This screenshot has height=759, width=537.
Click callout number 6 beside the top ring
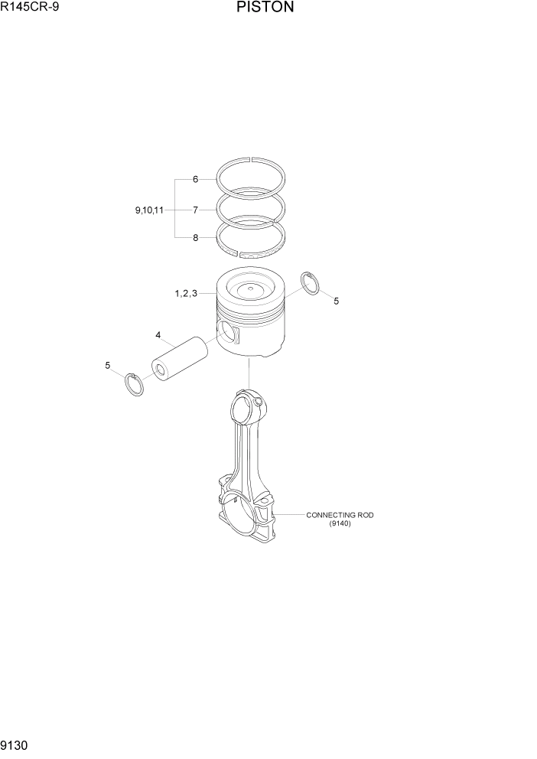pos(195,179)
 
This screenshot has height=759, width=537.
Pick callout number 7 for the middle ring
pos(195,209)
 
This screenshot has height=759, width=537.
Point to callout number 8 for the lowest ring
pos(195,238)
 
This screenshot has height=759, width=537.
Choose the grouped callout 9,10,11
pos(148,209)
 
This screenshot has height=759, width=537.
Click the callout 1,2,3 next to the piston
pos(186,293)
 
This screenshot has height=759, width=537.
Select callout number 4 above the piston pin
pos(158,335)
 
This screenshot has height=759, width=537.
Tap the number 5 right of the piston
pos(336,301)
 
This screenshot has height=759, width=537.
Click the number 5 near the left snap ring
pos(108,365)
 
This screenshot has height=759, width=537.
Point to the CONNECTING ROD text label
pos(340,515)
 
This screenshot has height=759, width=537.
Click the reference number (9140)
pos(340,523)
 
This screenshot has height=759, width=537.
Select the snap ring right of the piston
pos(312,282)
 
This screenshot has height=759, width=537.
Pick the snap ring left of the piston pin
pos(134,385)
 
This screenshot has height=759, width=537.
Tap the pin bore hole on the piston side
pos(227,331)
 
